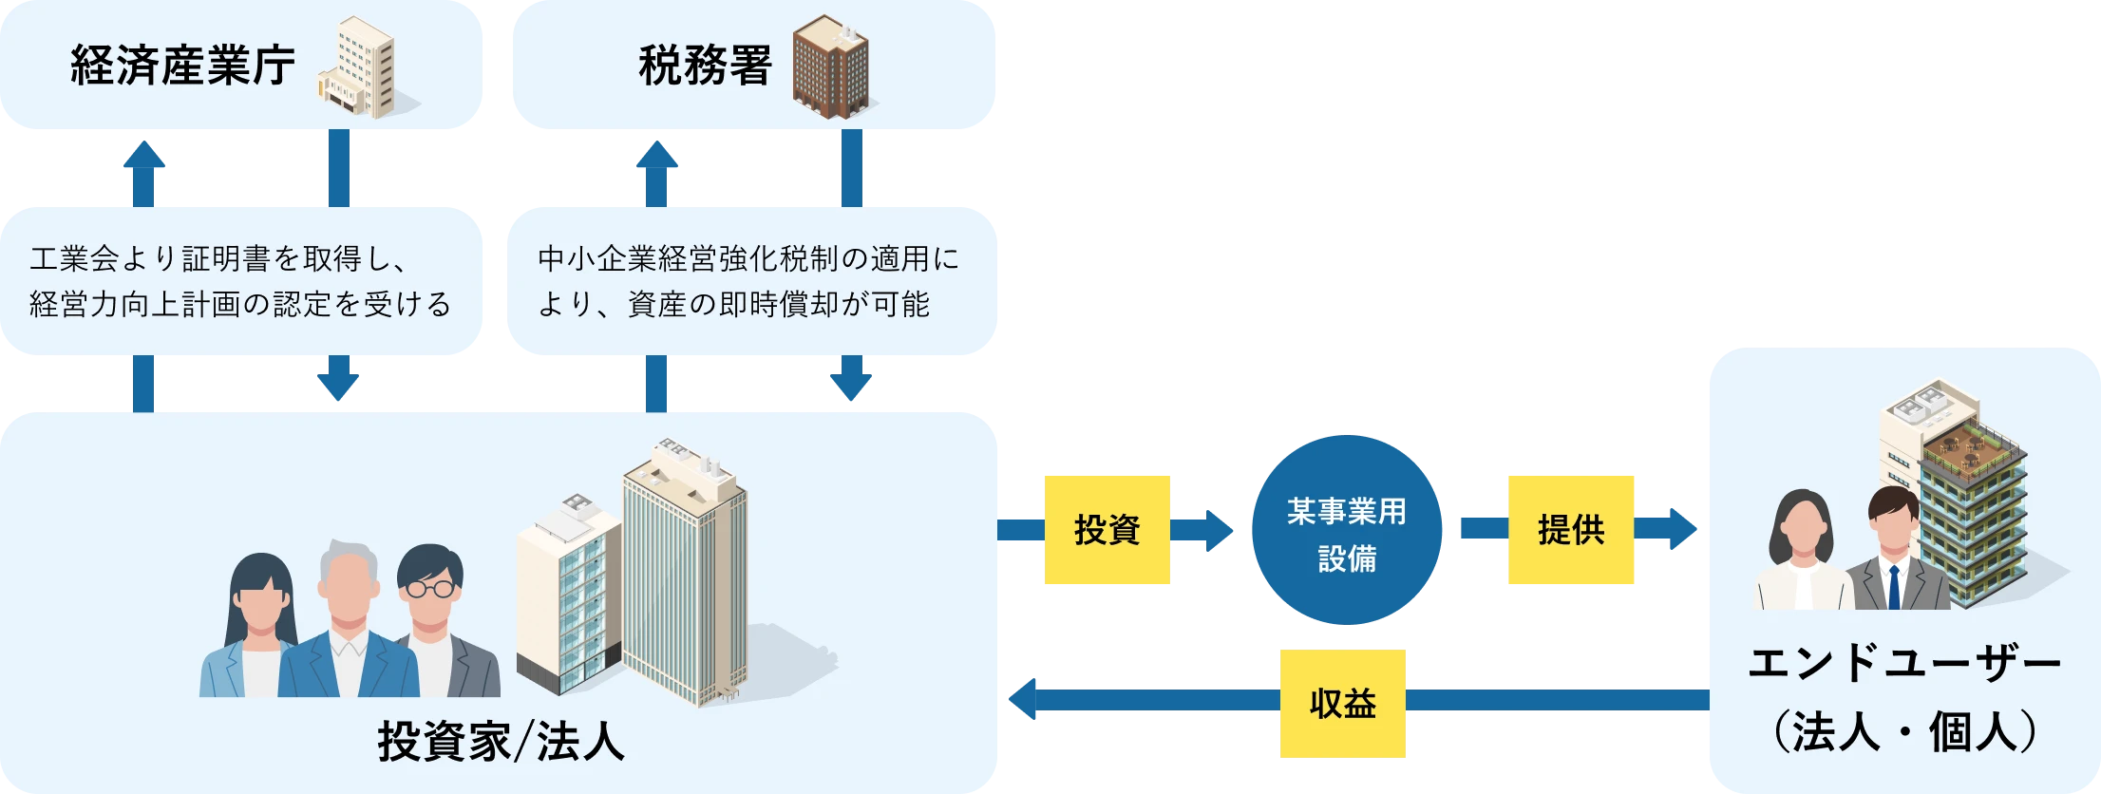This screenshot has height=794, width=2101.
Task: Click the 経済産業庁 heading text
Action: (182, 66)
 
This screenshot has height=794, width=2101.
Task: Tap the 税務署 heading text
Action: (705, 66)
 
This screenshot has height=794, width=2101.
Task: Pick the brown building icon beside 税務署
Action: (830, 66)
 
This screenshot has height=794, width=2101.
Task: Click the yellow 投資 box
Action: (1106, 529)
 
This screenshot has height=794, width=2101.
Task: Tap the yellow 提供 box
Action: (1571, 529)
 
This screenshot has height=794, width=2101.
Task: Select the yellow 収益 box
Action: (1341, 704)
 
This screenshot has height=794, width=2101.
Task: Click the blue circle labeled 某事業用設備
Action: (1347, 531)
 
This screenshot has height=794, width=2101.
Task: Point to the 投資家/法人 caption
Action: (501, 742)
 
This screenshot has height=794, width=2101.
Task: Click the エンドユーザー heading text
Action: (1904, 665)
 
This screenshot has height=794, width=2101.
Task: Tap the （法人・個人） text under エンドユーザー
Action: (1904, 732)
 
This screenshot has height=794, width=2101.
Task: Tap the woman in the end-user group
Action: (1801, 556)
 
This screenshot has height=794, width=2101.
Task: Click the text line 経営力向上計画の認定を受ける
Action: (240, 305)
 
